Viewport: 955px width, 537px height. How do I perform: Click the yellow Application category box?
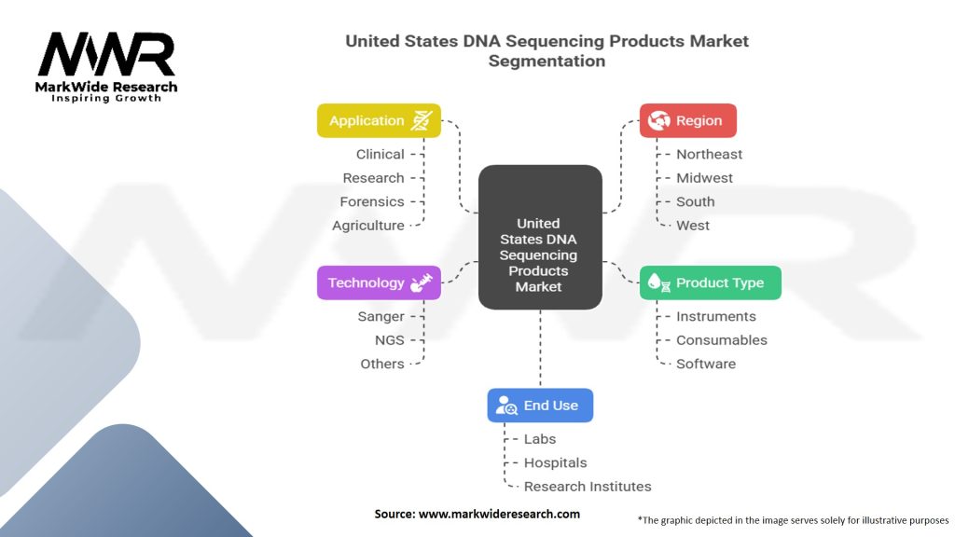[x=379, y=120]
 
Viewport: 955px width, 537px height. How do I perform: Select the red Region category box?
[x=687, y=120]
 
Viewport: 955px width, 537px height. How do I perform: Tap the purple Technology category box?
[x=379, y=282]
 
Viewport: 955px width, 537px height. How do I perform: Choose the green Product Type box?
[x=710, y=282]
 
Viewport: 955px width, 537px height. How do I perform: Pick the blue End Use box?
[x=540, y=406]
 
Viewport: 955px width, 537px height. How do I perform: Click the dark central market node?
[x=540, y=237]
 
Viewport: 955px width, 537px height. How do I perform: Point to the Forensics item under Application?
[x=372, y=201]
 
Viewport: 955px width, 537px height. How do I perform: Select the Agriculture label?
[x=367, y=226]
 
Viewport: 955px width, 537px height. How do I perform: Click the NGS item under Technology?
[x=389, y=340]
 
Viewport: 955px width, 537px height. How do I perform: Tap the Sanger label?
[x=381, y=317]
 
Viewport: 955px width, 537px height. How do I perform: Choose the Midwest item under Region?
[x=705, y=178]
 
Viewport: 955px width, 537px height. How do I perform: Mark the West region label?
[x=693, y=226]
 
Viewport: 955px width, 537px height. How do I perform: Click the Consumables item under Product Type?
[x=722, y=340]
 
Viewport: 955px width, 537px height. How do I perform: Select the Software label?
[x=706, y=365]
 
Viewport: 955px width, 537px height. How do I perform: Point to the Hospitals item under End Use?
[x=556, y=462]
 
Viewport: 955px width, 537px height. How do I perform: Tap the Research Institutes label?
[x=588, y=487]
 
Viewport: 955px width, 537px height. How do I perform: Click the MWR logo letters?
[x=106, y=54]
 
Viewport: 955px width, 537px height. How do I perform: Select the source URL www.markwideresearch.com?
[x=500, y=514]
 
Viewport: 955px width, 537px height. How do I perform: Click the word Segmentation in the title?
[x=547, y=61]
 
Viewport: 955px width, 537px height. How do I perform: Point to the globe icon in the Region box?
[x=659, y=120]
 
